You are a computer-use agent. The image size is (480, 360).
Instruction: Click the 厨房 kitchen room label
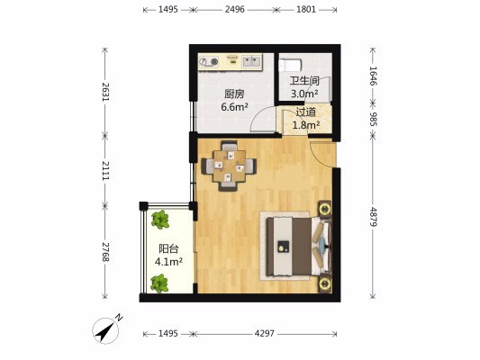[x=234, y=94]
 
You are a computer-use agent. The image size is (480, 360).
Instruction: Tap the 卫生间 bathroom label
[x=304, y=81]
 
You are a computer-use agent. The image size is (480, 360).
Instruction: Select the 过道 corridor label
[x=306, y=112]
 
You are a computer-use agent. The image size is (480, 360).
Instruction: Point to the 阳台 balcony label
[x=168, y=249]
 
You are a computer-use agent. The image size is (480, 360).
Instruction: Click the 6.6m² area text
[x=234, y=107]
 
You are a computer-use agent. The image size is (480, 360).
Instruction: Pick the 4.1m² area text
[x=168, y=262]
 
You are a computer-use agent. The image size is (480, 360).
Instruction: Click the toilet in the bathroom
[x=290, y=65]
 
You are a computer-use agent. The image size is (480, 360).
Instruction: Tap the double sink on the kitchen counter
[x=252, y=61]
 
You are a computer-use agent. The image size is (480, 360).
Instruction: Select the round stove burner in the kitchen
[x=214, y=62]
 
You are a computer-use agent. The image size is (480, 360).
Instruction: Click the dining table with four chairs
[x=229, y=166]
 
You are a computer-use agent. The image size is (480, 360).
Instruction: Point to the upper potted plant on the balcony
[x=160, y=220]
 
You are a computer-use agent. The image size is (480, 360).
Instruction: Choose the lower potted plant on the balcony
[x=159, y=283]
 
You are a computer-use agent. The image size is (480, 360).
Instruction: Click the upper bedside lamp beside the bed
[x=324, y=209]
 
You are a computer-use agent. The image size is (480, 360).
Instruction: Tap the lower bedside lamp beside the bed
[x=324, y=283]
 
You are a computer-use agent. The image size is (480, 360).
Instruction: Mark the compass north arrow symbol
[x=106, y=330]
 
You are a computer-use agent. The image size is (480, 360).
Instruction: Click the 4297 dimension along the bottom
[x=265, y=333]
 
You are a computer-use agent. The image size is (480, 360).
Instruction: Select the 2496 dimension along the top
[x=235, y=10]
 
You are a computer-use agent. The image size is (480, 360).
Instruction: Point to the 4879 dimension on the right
[x=373, y=217]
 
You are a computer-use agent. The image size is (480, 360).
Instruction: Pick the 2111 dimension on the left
[x=105, y=170]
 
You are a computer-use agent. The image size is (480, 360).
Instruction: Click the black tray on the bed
[x=284, y=247]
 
